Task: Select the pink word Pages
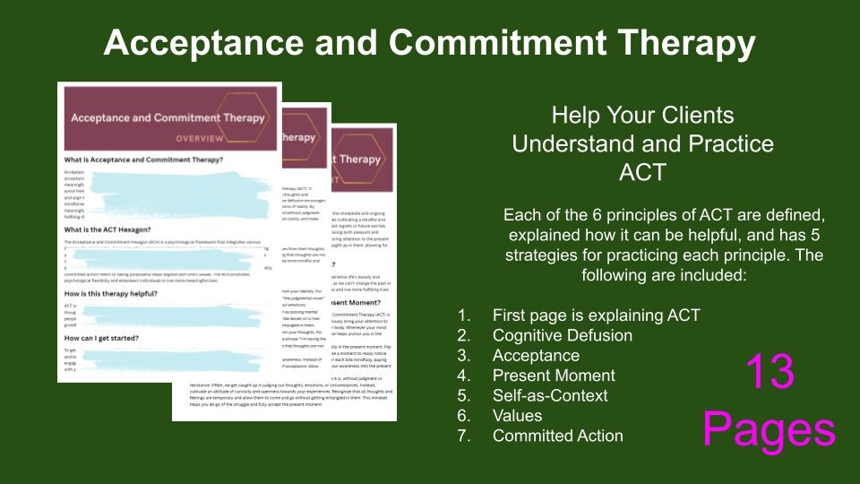point(769,429)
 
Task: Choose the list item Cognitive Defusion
point(562,335)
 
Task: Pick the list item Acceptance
point(536,356)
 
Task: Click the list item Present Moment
point(554,376)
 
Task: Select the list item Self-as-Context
point(550,395)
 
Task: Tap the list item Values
point(517,416)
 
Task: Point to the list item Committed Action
point(557,436)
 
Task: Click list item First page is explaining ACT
point(596,315)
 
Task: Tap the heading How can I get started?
point(114,338)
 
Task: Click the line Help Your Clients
point(642,115)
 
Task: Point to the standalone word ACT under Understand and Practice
point(642,172)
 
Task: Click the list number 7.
point(462,436)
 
